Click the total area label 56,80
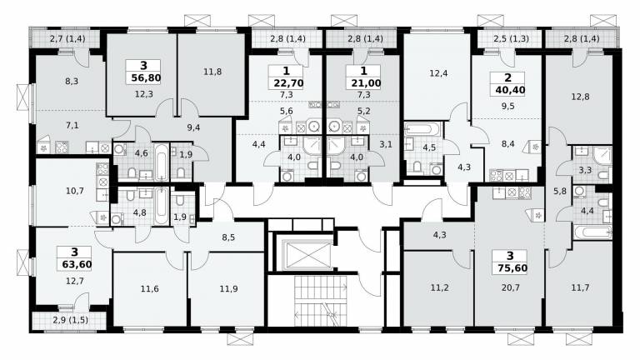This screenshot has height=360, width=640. point(146,77)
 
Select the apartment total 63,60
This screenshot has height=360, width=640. point(77,264)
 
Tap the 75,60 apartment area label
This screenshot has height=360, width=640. point(512,268)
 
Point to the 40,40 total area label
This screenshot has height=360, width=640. point(510,90)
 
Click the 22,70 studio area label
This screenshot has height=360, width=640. point(288,83)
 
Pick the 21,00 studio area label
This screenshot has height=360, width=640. point(366,83)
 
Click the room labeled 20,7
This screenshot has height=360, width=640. point(511,287)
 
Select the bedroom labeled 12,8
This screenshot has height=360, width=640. point(580,97)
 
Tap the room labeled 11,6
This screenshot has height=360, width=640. point(150,289)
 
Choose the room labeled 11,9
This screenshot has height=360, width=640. point(228,289)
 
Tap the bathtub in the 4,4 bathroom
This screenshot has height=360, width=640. point(592,232)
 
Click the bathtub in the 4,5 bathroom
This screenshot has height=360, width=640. point(422,129)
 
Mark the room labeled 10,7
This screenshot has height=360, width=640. point(75,190)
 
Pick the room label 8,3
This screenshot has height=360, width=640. point(72,81)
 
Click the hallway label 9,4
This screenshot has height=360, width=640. point(193,127)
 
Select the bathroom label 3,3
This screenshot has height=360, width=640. point(585,170)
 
